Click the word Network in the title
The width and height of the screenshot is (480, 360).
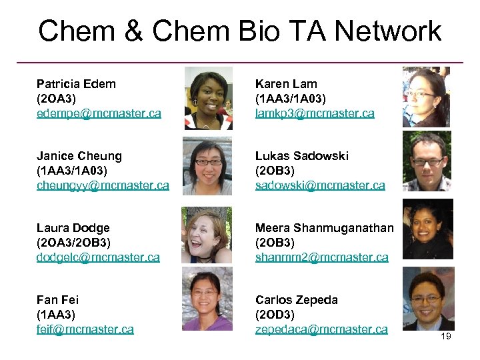[388, 31]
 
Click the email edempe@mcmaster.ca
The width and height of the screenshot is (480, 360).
[99, 113]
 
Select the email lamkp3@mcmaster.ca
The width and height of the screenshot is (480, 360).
[315, 113]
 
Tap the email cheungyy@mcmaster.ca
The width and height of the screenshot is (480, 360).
[103, 185]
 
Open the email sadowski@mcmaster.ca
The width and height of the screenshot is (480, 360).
[320, 185]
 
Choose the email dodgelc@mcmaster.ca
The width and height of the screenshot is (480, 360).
[98, 257]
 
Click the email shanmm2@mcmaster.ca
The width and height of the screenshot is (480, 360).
[321, 257]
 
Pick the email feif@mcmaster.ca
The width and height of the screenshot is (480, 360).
[85, 329]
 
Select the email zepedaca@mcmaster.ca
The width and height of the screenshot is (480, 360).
[321, 329]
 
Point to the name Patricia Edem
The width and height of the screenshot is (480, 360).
[76, 84]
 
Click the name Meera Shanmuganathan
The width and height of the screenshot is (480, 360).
[324, 228]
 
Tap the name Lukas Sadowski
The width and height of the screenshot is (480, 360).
[302, 156]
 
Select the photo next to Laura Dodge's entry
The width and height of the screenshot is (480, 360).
[207, 235]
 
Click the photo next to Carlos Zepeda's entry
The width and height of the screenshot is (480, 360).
[428, 299]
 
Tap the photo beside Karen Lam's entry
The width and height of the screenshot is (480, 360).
[425, 97]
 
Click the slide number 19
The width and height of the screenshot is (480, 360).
[445, 336]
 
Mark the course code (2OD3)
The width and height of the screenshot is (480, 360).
[275, 315]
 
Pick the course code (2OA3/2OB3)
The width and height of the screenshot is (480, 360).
[73, 243]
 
